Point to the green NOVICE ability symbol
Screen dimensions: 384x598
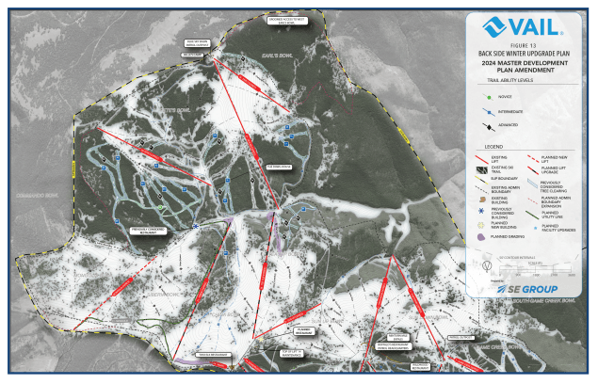[x=488, y=96]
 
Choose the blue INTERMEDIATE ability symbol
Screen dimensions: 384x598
[x=488, y=112]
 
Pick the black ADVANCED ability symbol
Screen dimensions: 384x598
[x=488, y=128]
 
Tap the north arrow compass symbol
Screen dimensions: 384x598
[x=487, y=267]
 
